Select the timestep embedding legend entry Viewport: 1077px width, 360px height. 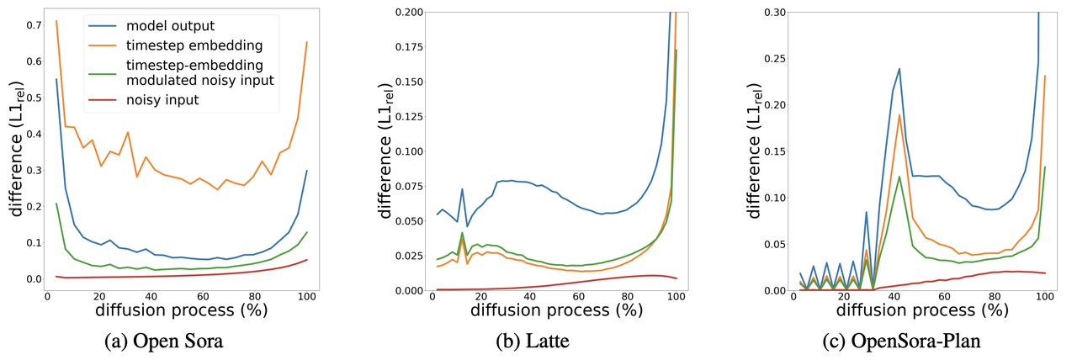180,43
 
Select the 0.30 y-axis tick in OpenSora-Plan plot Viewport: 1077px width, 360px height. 774,12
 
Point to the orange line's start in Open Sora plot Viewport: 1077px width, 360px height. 56,21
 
